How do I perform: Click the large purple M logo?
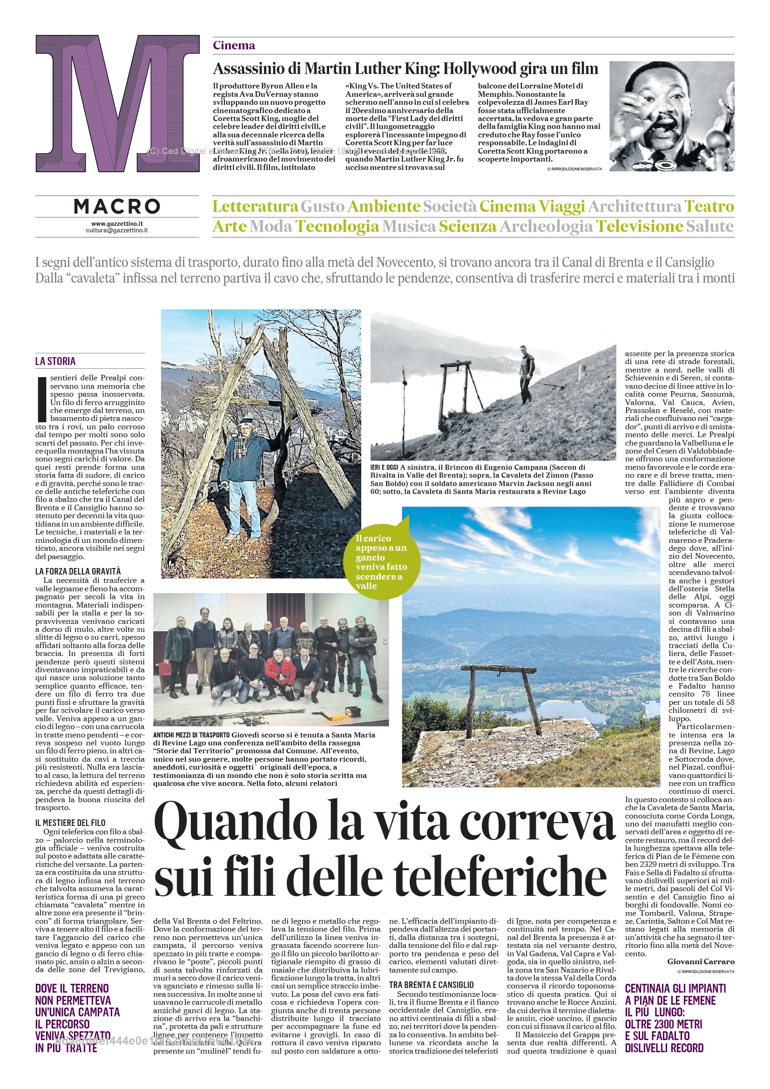point(117,103)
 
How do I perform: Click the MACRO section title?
point(117,206)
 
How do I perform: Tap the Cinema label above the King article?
point(234,46)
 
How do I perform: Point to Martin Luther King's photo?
point(671,116)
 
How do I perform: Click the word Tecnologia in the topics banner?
point(337,226)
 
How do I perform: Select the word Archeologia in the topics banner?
point(546,226)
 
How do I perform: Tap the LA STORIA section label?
point(55,361)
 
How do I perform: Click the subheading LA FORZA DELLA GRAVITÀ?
point(78,571)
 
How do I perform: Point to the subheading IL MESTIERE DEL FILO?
point(70,822)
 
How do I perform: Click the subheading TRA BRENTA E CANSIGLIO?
point(431,985)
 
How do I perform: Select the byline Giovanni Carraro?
point(700,961)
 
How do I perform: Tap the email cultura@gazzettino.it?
point(117,230)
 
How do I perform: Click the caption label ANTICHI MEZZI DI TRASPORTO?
point(191,735)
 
